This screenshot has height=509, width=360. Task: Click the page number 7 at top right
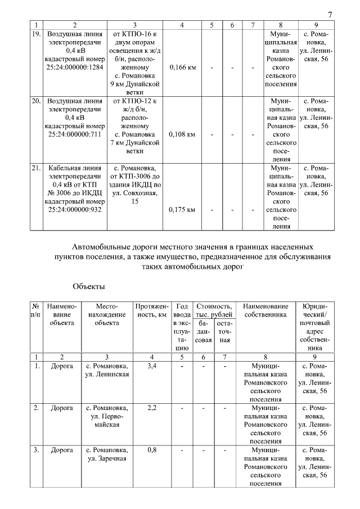click(x=330, y=14)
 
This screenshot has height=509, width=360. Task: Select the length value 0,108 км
click(x=182, y=135)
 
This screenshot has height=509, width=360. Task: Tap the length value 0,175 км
click(x=182, y=210)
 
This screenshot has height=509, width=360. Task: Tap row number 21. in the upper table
click(x=36, y=168)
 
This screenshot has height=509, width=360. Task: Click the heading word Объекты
click(x=89, y=287)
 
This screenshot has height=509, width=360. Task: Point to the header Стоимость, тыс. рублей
click(x=213, y=310)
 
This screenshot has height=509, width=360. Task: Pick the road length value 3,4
click(x=151, y=366)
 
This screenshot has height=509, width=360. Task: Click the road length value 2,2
click(x=151, y=408)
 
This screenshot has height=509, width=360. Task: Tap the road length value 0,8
click(x=151, y=450)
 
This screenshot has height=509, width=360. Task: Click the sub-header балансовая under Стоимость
click(x=203, y=332)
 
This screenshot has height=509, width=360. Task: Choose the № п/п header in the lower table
click(x=36, y=310)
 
